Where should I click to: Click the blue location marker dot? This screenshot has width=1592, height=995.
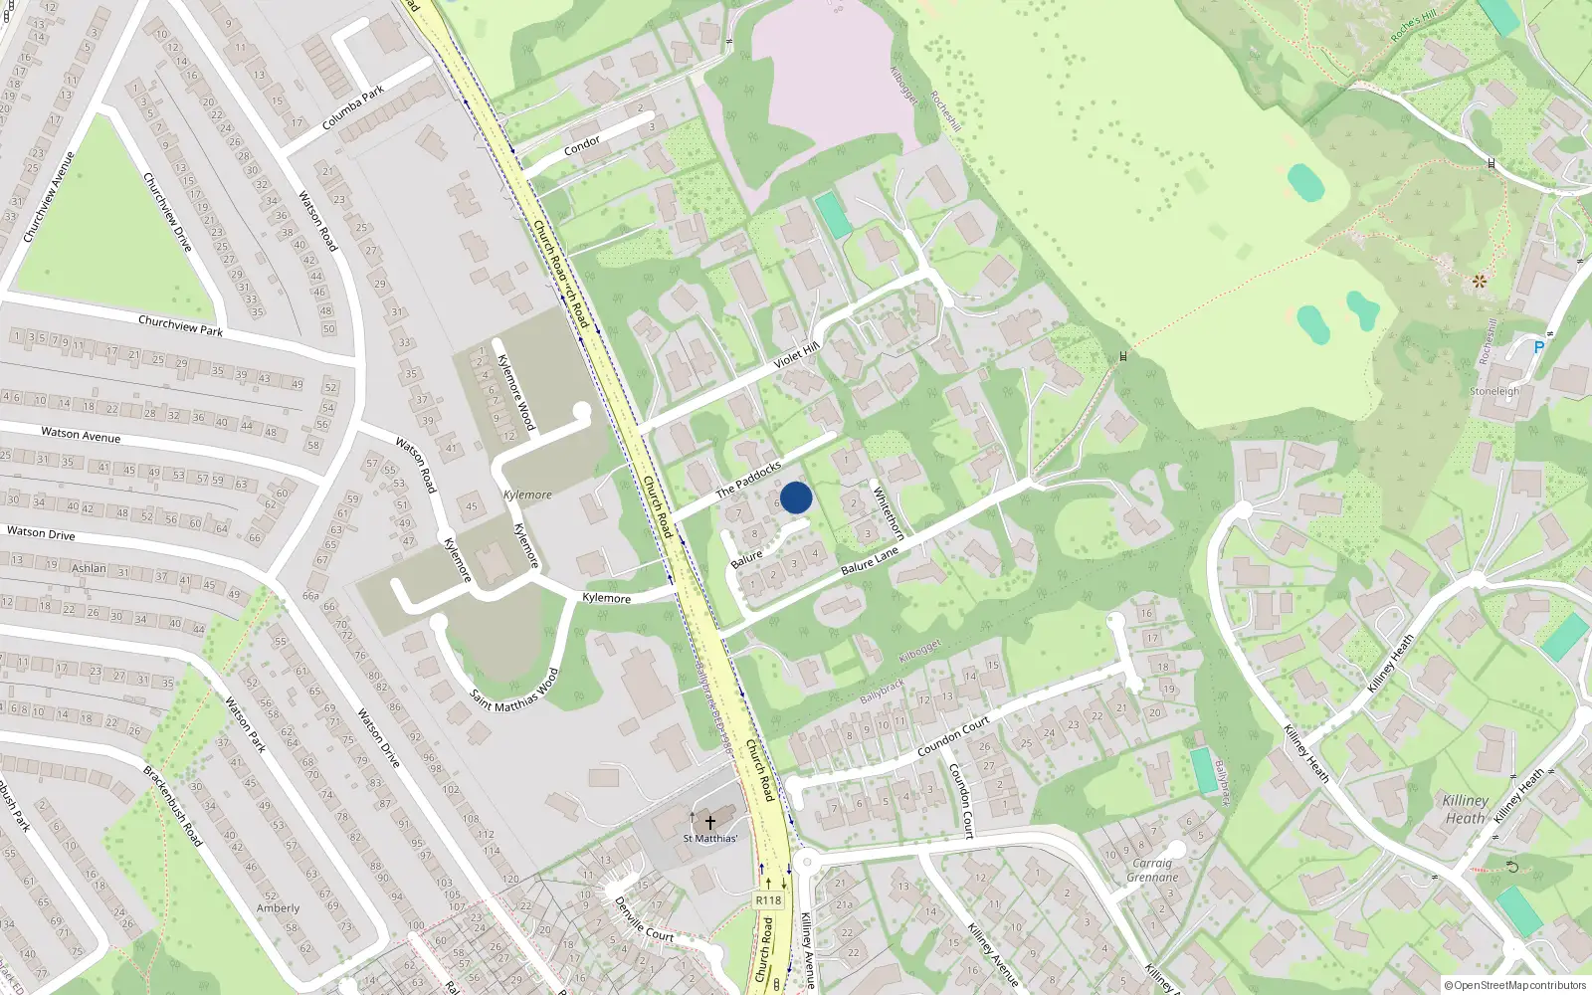coord(796,497)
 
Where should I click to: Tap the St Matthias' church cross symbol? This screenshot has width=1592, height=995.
coord(710,823)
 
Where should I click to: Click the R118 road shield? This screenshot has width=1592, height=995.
coord(768,900)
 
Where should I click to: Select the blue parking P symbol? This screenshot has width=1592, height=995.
coord(1539,347)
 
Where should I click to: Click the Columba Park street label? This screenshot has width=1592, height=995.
coord(353,108)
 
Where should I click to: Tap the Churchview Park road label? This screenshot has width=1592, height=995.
coord(180,325)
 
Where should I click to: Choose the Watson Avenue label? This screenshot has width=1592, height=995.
coord(81,435)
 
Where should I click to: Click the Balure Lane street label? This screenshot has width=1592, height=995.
coord(870,560)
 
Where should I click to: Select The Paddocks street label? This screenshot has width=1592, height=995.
coord(748,478)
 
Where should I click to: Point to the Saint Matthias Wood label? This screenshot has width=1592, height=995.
coord(514,689)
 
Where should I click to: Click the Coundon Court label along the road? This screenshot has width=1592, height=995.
coord(953,735)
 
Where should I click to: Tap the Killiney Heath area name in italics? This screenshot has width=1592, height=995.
coord(1465,809)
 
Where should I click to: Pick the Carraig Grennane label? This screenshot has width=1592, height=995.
coord(1152,871)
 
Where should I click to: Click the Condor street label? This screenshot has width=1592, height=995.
coord(582,146)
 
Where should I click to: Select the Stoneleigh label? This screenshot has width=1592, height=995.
coord(1494,391)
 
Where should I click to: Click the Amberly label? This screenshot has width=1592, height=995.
coord(278,907)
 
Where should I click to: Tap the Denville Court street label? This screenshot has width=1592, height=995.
coord(643,920)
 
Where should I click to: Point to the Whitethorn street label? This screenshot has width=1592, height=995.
coord(888,512)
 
